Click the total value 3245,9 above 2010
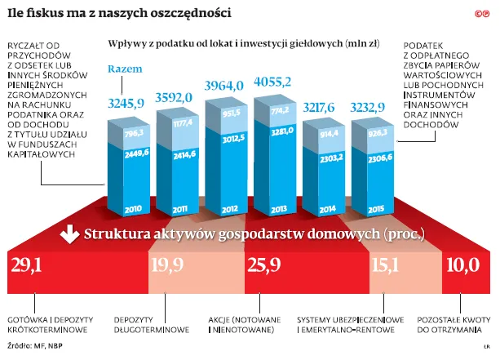coord(126,104)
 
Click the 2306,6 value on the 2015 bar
coord(379,156)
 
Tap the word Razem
coord(124,70)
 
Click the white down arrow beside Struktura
coord(70,237)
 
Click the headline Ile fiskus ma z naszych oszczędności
coord(118,13)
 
